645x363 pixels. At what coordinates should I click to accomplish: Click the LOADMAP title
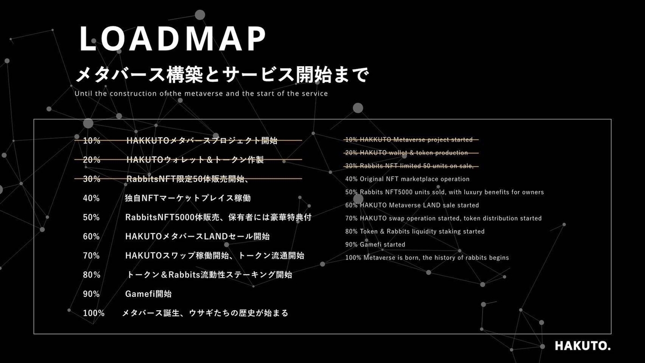[173, 39]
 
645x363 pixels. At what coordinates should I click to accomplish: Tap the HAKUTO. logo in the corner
[583, 346]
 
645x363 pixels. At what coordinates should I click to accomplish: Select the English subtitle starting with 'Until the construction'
[201, 94]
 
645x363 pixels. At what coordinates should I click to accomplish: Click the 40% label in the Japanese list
[91, 198]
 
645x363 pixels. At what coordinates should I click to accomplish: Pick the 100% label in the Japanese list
[94, 313]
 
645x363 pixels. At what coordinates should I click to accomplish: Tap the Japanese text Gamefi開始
[148, 294]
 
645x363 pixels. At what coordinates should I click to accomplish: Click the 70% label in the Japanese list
[91, 255]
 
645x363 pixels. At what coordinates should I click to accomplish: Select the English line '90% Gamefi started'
[375, 245]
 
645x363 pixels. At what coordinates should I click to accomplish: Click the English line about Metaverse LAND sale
[412, 205]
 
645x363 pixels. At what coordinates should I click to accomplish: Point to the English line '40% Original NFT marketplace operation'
[407, 179]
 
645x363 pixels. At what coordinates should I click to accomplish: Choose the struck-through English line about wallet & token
[406, 153]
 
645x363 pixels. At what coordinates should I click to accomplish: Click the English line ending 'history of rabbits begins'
[427, 258]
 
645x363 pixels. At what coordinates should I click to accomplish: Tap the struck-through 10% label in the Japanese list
[91, 140]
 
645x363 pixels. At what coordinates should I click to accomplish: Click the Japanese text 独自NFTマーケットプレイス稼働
[188, 198]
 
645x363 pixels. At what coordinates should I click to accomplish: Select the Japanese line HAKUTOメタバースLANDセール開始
[197, 237]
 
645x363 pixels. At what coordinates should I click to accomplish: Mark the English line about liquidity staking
[414, 231]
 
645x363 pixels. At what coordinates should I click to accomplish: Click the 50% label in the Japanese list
[91, 217]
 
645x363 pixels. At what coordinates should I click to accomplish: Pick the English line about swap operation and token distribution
[443, 218]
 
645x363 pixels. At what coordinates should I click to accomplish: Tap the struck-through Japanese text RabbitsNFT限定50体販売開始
[187, 179]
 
